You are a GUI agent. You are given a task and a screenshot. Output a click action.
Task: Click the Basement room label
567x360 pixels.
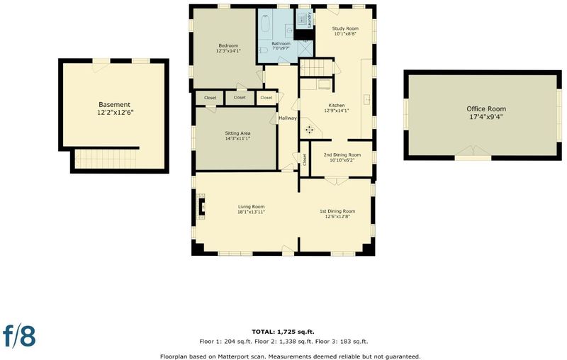[114, 105]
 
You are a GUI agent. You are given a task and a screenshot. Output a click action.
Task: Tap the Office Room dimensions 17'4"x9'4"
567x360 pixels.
[486, 117]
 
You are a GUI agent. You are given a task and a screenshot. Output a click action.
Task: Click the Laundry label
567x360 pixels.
[310, 21]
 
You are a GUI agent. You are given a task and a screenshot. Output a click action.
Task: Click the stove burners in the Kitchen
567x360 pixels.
[310, 129]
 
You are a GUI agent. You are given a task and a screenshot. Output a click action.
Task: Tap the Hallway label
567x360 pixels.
[288, 118]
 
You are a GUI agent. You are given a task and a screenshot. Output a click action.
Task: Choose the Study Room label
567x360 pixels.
[345, 28]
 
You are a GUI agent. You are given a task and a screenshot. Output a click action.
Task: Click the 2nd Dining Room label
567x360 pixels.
[342, 154]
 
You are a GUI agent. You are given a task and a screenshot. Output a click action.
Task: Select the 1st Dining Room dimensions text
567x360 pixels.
[337, 217]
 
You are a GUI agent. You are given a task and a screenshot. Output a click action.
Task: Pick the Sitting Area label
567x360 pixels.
[237, 133]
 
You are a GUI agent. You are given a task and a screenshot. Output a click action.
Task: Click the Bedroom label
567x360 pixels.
[228, 45]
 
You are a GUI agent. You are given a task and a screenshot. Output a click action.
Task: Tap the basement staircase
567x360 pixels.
[106, 159]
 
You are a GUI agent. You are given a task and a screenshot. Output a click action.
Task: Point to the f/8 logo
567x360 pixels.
[20, 336]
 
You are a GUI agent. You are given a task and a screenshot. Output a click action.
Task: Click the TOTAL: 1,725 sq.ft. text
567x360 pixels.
[283, 332]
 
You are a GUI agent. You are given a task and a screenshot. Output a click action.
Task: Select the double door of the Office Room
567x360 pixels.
[473, 151]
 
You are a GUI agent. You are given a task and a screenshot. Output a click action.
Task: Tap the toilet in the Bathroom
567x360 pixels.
[263, 50]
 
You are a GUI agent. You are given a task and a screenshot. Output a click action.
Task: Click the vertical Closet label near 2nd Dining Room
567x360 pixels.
[305, 159]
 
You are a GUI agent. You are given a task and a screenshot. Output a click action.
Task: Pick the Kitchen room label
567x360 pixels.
[336, 105]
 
